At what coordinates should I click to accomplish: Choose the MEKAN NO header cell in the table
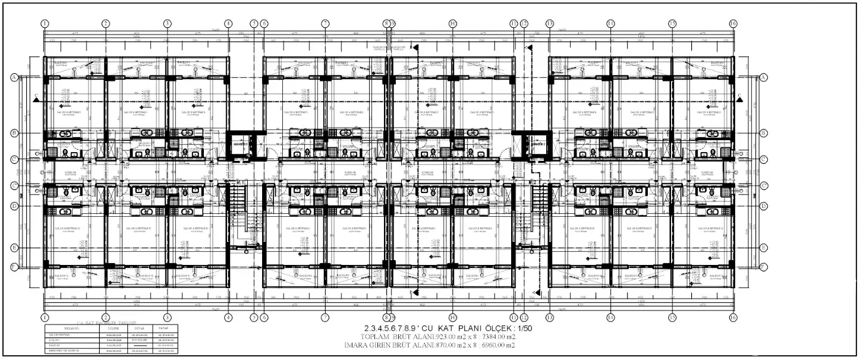point(72,327)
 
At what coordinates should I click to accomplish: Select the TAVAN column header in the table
point(163,327)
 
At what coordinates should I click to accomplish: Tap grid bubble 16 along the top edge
point(733,23)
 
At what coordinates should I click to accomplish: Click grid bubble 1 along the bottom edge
point(45,317)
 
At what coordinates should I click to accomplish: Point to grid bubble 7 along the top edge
point(325,23)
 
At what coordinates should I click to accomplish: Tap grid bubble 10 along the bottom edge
point(453,317)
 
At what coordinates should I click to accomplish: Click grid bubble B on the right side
point(763,133)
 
